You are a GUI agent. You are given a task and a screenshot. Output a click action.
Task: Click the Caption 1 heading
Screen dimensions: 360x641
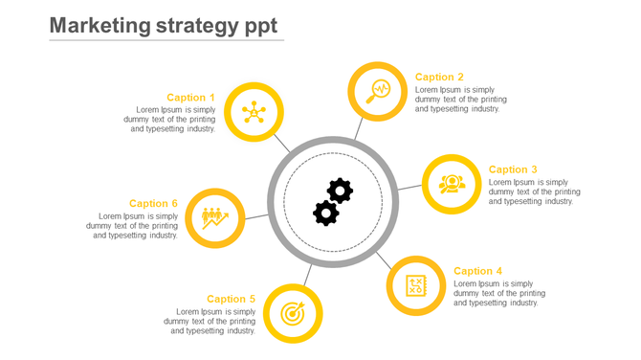[190, 97]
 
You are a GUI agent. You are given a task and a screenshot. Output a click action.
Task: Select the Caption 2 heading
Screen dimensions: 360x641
[439, 77]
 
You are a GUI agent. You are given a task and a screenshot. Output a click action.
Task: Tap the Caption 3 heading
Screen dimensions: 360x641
[513, 169]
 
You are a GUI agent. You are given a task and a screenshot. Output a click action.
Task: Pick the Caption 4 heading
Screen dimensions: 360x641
[477, 271]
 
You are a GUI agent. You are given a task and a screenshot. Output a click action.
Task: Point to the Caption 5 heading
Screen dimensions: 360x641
[231, 299]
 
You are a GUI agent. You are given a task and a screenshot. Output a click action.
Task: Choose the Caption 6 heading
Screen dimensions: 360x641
[153, 203]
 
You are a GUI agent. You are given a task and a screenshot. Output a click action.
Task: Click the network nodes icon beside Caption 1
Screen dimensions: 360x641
[254, 112]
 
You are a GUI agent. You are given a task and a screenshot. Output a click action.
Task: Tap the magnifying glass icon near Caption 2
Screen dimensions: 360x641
[378, 91]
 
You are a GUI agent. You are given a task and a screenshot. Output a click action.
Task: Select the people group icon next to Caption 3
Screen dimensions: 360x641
[452, 183]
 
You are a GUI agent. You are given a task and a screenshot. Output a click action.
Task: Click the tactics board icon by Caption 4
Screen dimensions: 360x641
[416, 285]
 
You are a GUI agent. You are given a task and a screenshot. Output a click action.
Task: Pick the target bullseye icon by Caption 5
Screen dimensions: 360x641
[292, 313]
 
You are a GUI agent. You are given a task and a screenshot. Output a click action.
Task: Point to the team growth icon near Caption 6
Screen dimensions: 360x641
[215, 218]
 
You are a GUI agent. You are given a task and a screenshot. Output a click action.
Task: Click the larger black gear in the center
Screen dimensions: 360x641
[340, 191]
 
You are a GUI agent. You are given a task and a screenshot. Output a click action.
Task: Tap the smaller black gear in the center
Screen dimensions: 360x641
[325, 214]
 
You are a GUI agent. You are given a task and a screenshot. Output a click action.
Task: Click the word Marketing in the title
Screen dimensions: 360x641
[99, 25]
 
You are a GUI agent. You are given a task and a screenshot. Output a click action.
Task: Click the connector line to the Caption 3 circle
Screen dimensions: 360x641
[409, 187]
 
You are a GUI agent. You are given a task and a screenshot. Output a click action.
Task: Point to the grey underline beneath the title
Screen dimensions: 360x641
[166, 40]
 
